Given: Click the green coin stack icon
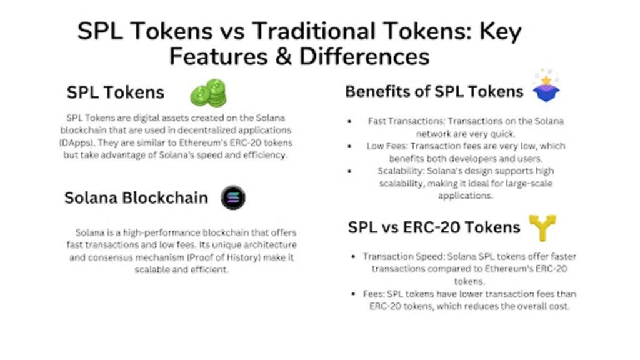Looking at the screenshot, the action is point(208,92).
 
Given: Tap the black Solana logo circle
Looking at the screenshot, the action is point(233,197).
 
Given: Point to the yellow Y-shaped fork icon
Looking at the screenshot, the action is point(542,227).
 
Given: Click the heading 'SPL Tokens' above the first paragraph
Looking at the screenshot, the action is point(116,92).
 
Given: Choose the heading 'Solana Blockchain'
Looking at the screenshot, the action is point(136,198).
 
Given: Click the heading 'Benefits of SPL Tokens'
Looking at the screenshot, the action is point(434,91).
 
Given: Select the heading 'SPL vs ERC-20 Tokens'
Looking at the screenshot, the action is point(434,227).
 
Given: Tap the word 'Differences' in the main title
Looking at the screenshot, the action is point(364,56).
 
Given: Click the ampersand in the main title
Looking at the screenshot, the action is point(284,57).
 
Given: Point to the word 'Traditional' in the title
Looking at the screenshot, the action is point(314,31).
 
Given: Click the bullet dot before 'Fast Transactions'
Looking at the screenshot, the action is point(349,121).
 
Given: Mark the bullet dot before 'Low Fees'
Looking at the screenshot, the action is point(349,146).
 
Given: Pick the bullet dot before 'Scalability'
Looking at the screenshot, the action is point(349,171).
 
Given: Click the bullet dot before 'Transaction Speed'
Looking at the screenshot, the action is point(354,257).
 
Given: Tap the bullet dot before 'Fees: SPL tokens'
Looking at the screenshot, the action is point(354,294).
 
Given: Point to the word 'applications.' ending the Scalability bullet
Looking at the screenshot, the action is point(465,196).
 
